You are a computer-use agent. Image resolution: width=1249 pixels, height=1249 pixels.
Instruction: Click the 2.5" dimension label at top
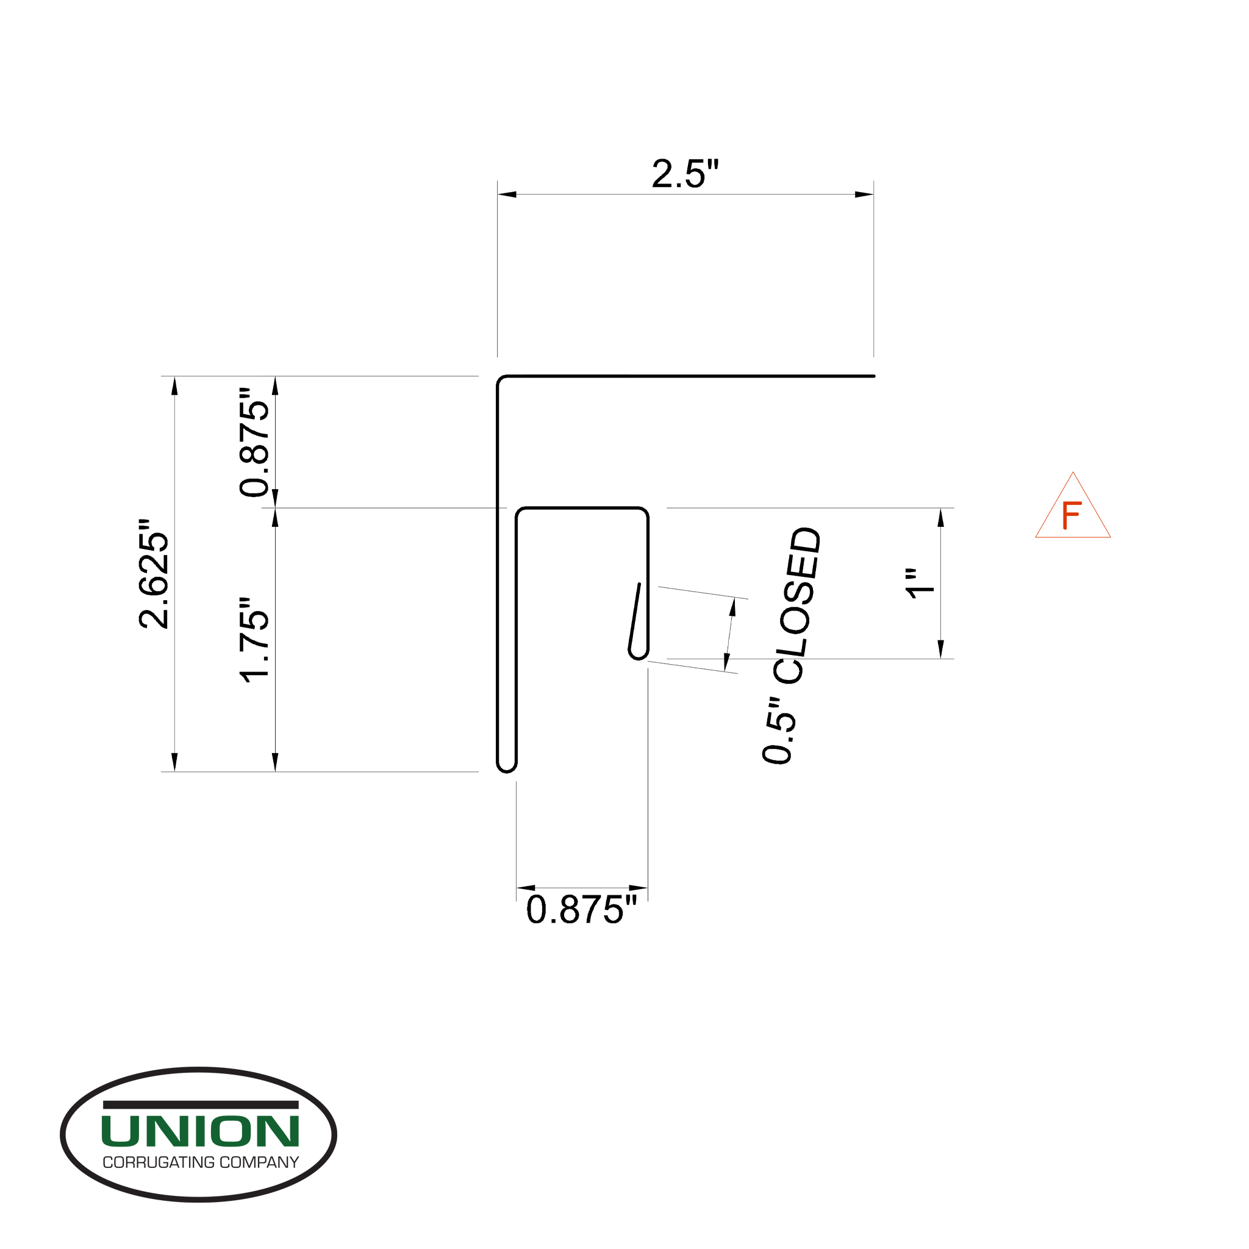pyautogui.click(x=685, y=174)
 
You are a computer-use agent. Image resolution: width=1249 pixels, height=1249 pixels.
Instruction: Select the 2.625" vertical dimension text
pyautogui.click(x=154, y=573)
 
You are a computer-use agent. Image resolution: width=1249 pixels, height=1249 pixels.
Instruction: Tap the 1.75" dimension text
pyautogui.click(x=254, y=640)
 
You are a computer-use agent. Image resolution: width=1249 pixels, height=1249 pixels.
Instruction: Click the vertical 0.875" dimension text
pyautogui.click(x=254, y=442)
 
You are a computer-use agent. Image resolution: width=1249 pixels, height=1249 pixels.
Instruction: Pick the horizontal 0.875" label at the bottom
pyautogui.click(x=581, y=911)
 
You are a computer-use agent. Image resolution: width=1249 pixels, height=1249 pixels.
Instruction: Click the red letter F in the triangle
pyautogui.click(x=1071, y=515)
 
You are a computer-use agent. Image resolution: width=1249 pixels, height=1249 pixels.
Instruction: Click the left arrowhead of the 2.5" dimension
pyautogui.click(x=507, y=195)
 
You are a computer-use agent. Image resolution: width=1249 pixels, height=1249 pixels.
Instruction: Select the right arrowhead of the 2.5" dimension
pyautogui.click(x=864, y=195)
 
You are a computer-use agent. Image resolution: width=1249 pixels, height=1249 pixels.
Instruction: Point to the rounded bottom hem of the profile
pyautogui.click(x=507, y=768)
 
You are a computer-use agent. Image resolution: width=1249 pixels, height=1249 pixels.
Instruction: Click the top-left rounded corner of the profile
pyautogui.click(x=501, y=380)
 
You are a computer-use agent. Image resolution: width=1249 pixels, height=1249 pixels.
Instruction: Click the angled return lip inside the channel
pyautogui.click(x=635, y=617)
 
